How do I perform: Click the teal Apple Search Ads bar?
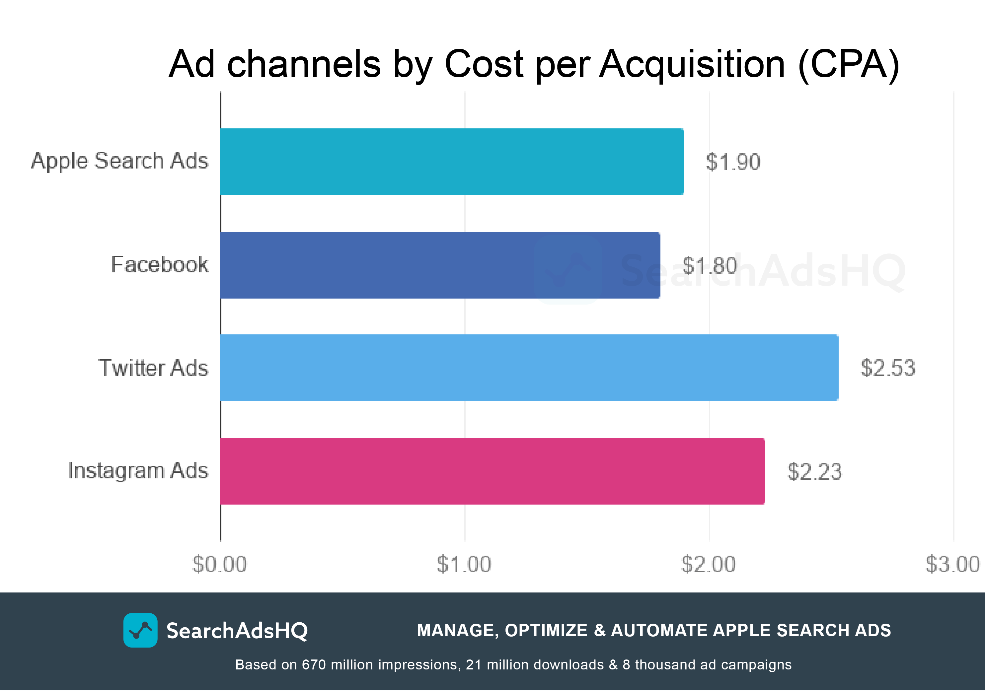452,161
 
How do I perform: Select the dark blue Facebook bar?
440,265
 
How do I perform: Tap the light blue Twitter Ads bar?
529,368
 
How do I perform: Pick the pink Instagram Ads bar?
493,471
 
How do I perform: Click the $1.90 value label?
733,162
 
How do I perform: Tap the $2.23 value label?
814,472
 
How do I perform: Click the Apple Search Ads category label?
119,161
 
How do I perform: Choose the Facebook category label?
160,265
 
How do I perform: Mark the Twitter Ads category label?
153,368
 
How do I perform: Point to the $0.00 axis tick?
220,564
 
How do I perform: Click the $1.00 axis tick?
464,564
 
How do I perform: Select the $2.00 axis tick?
708,564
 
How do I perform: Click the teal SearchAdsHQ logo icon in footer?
140,630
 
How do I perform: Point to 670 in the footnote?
314,664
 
